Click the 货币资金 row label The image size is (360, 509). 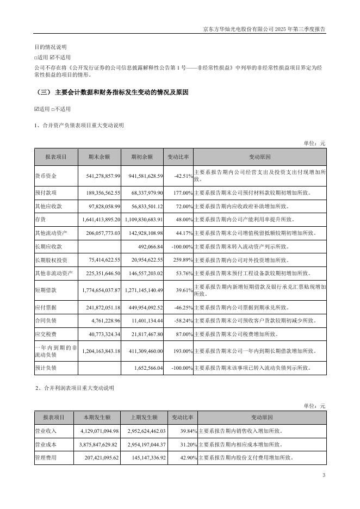click(46, 176)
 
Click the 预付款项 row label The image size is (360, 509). click(46, 193)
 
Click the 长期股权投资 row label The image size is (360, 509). click(53, 260)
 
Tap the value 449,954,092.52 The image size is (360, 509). click(143, 307)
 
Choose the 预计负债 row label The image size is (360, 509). click(46, 368)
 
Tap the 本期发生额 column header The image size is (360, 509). click(97, 418)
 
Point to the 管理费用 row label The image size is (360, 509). click(46, 458)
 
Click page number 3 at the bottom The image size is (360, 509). click(324, 476)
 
